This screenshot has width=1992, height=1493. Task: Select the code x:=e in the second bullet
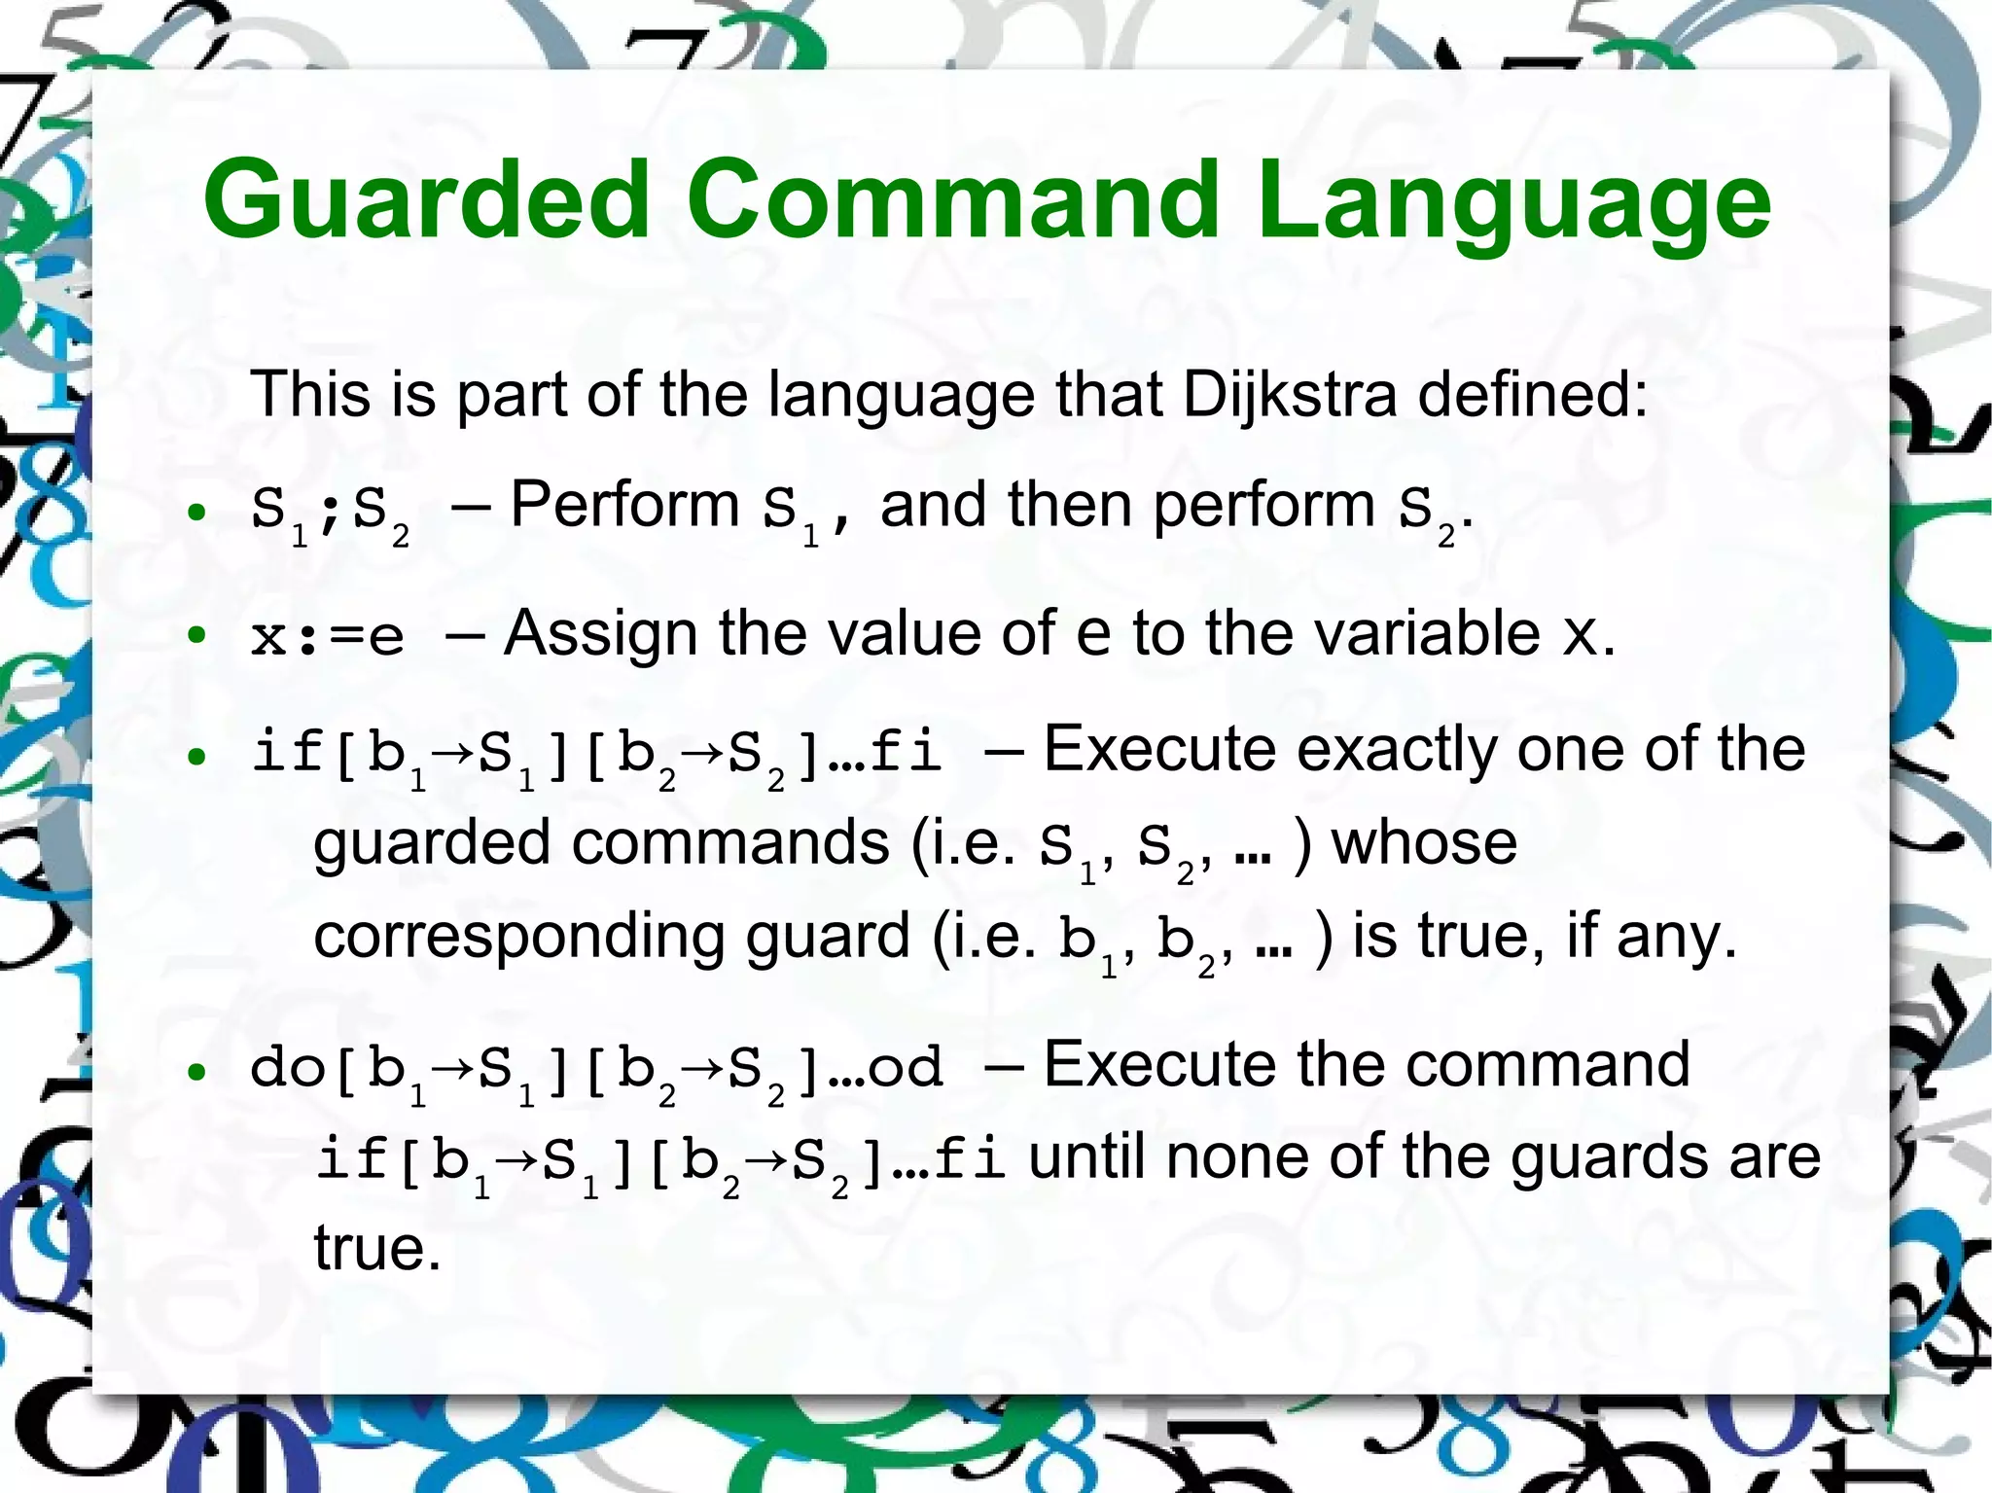coord(327,637)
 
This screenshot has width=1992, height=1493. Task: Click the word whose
coord(1424,842)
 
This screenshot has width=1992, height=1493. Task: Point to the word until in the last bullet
coord(1087,1157)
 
